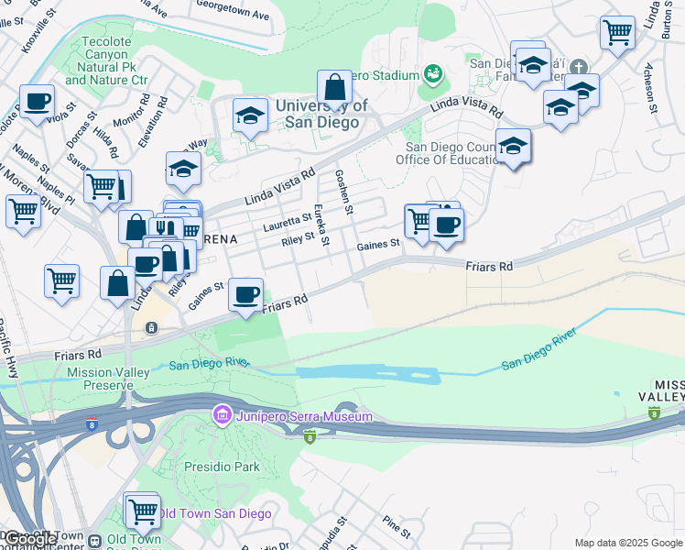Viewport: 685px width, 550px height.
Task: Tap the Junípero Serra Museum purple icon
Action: pos(221,415)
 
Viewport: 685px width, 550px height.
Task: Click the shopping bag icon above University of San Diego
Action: pos(335,88)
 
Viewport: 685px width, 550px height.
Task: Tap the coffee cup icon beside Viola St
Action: pos(37,102)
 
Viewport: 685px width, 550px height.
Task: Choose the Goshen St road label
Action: pos(344,191)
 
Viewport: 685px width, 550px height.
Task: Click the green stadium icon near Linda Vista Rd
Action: pos(433,73)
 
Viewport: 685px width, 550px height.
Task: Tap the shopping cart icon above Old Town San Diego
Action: pos(142,510)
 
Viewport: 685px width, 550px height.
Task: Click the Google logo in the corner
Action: pos(30,539)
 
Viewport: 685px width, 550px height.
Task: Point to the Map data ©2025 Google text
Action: pos(628,543)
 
